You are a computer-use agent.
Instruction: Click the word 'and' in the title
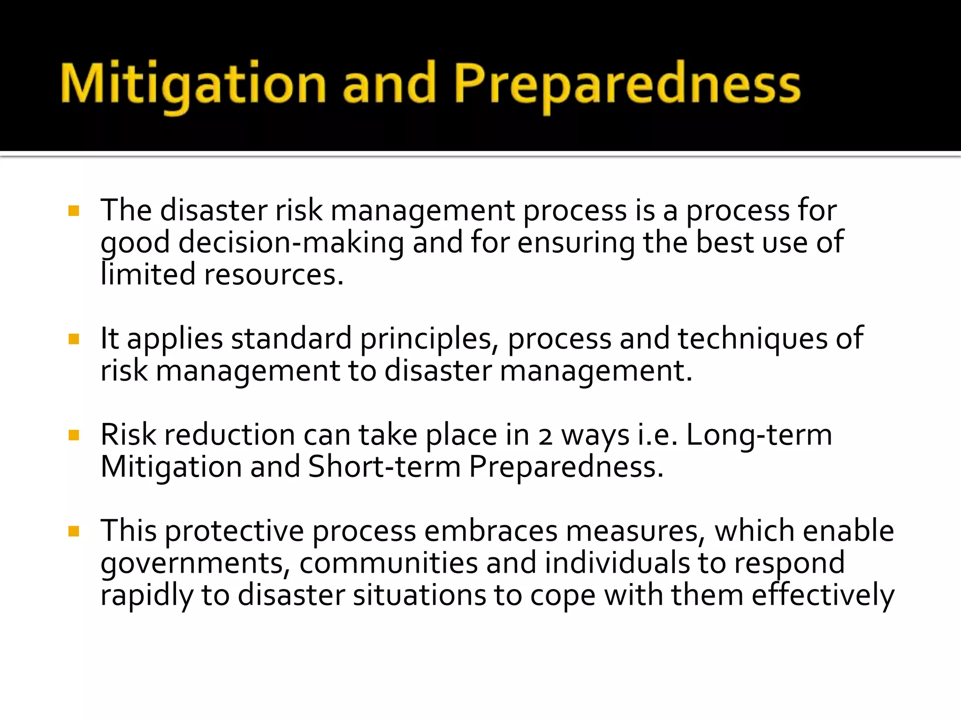click(x=389, y=84)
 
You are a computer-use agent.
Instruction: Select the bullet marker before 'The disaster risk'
click(x=74, y=211)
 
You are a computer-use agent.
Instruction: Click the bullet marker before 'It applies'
click(x=74, y=339)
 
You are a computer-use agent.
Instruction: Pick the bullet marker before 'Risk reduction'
click(x=74, y=435)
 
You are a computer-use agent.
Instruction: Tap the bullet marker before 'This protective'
click(x=74, y=531)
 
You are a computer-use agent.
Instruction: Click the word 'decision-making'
click(x=291, y=243)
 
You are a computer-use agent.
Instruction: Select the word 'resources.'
click(x=274, y=276)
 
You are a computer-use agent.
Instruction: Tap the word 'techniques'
click(x=753, y=339)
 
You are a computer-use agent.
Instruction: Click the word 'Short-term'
click(x=384, y=467)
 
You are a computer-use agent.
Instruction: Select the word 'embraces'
click(x=491, y=531)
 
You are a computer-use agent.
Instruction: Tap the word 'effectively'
click(x=823, y=596)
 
